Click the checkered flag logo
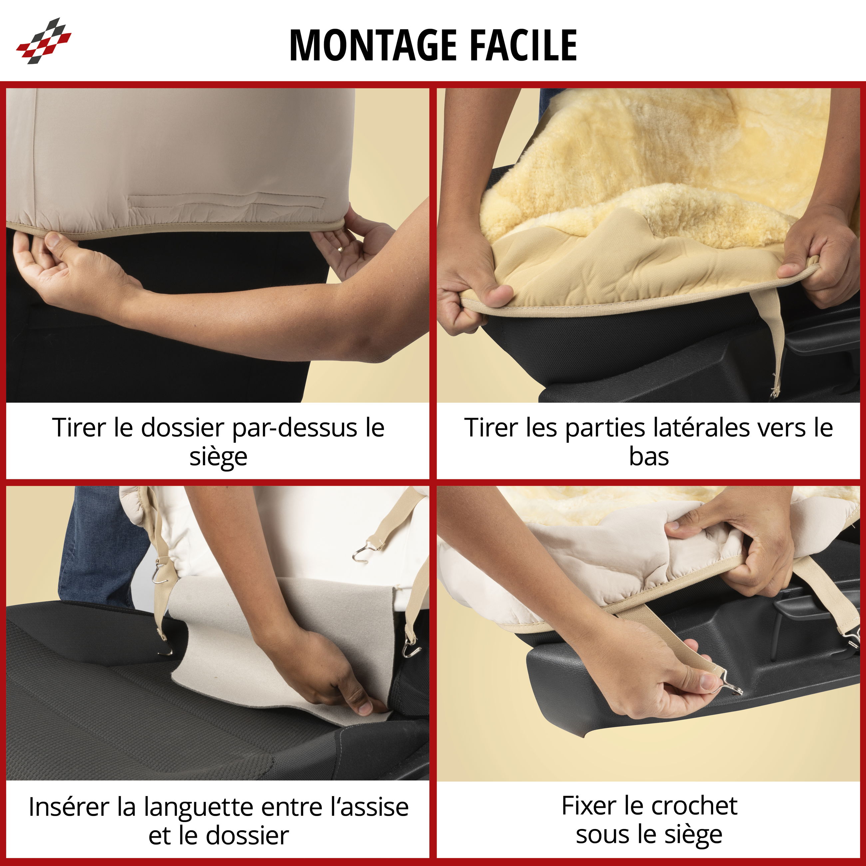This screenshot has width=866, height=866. pyautogui.click(x=44, y=41)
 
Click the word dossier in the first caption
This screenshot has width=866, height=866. pyautogui.click(x=183, y=428)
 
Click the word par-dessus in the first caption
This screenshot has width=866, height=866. pyautogui.click(x=295, y=428)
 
